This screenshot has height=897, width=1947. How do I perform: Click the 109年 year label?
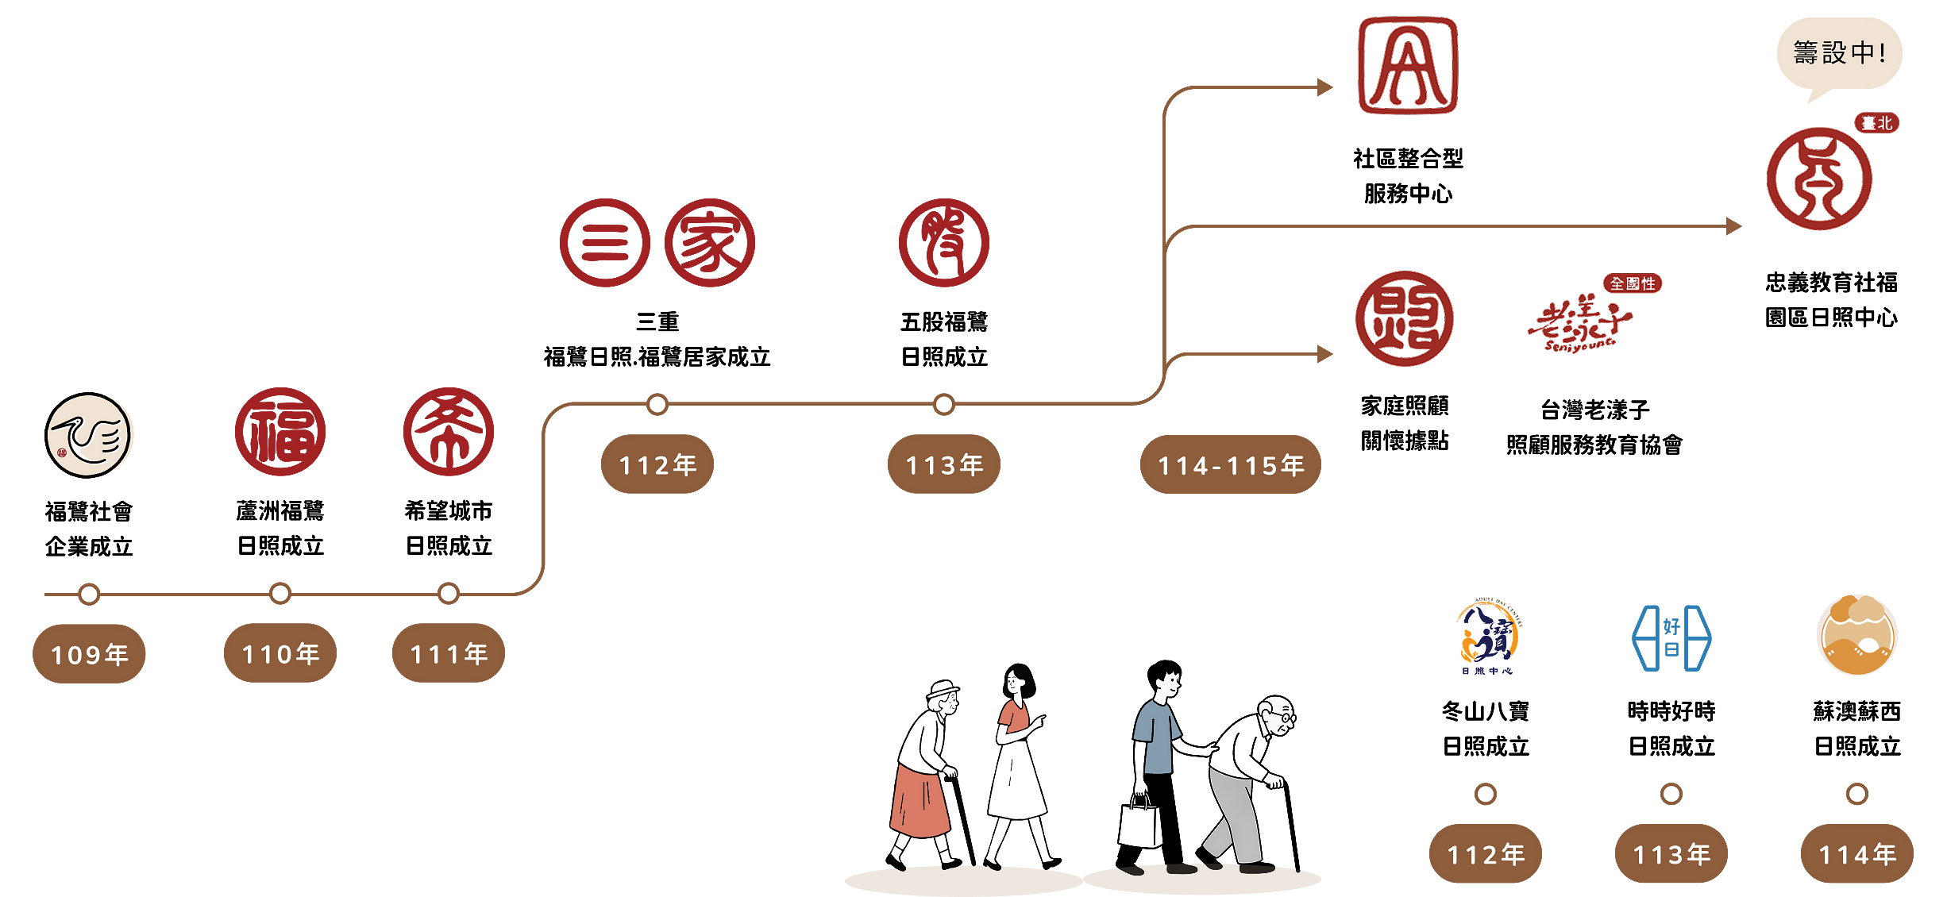point(90,655)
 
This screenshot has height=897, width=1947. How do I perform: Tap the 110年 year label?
point(281,654)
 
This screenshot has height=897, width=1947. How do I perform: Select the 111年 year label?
point(449,654)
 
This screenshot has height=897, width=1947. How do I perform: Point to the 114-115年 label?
point(1232,466)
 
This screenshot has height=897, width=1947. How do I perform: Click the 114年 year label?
point(1858,855)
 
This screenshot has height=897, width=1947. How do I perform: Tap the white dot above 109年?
point(89,594)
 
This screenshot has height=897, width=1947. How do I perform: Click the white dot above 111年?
point(449,593)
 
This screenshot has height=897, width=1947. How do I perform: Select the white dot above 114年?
point(1857,794)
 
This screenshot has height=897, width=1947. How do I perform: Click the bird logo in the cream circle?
point(88,436)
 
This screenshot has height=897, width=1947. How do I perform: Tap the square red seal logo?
point(1407,65)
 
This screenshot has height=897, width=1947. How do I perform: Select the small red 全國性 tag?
point(1633,283)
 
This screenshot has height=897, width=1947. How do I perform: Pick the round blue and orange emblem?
point(1489,635)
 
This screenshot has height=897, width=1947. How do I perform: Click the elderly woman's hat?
point(943,688)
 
